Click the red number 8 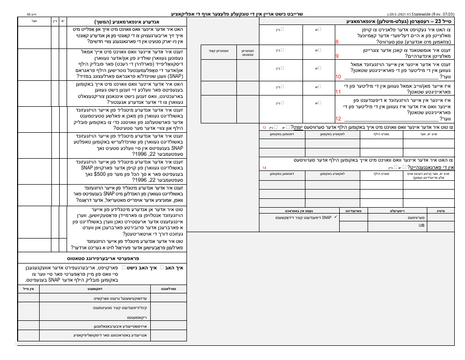click(337, 43)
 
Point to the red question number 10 click(338, 77)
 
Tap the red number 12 click(338, 119)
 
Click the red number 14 click(264, 168)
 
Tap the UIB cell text click(422, 226)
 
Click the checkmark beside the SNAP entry click(335, 216)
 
